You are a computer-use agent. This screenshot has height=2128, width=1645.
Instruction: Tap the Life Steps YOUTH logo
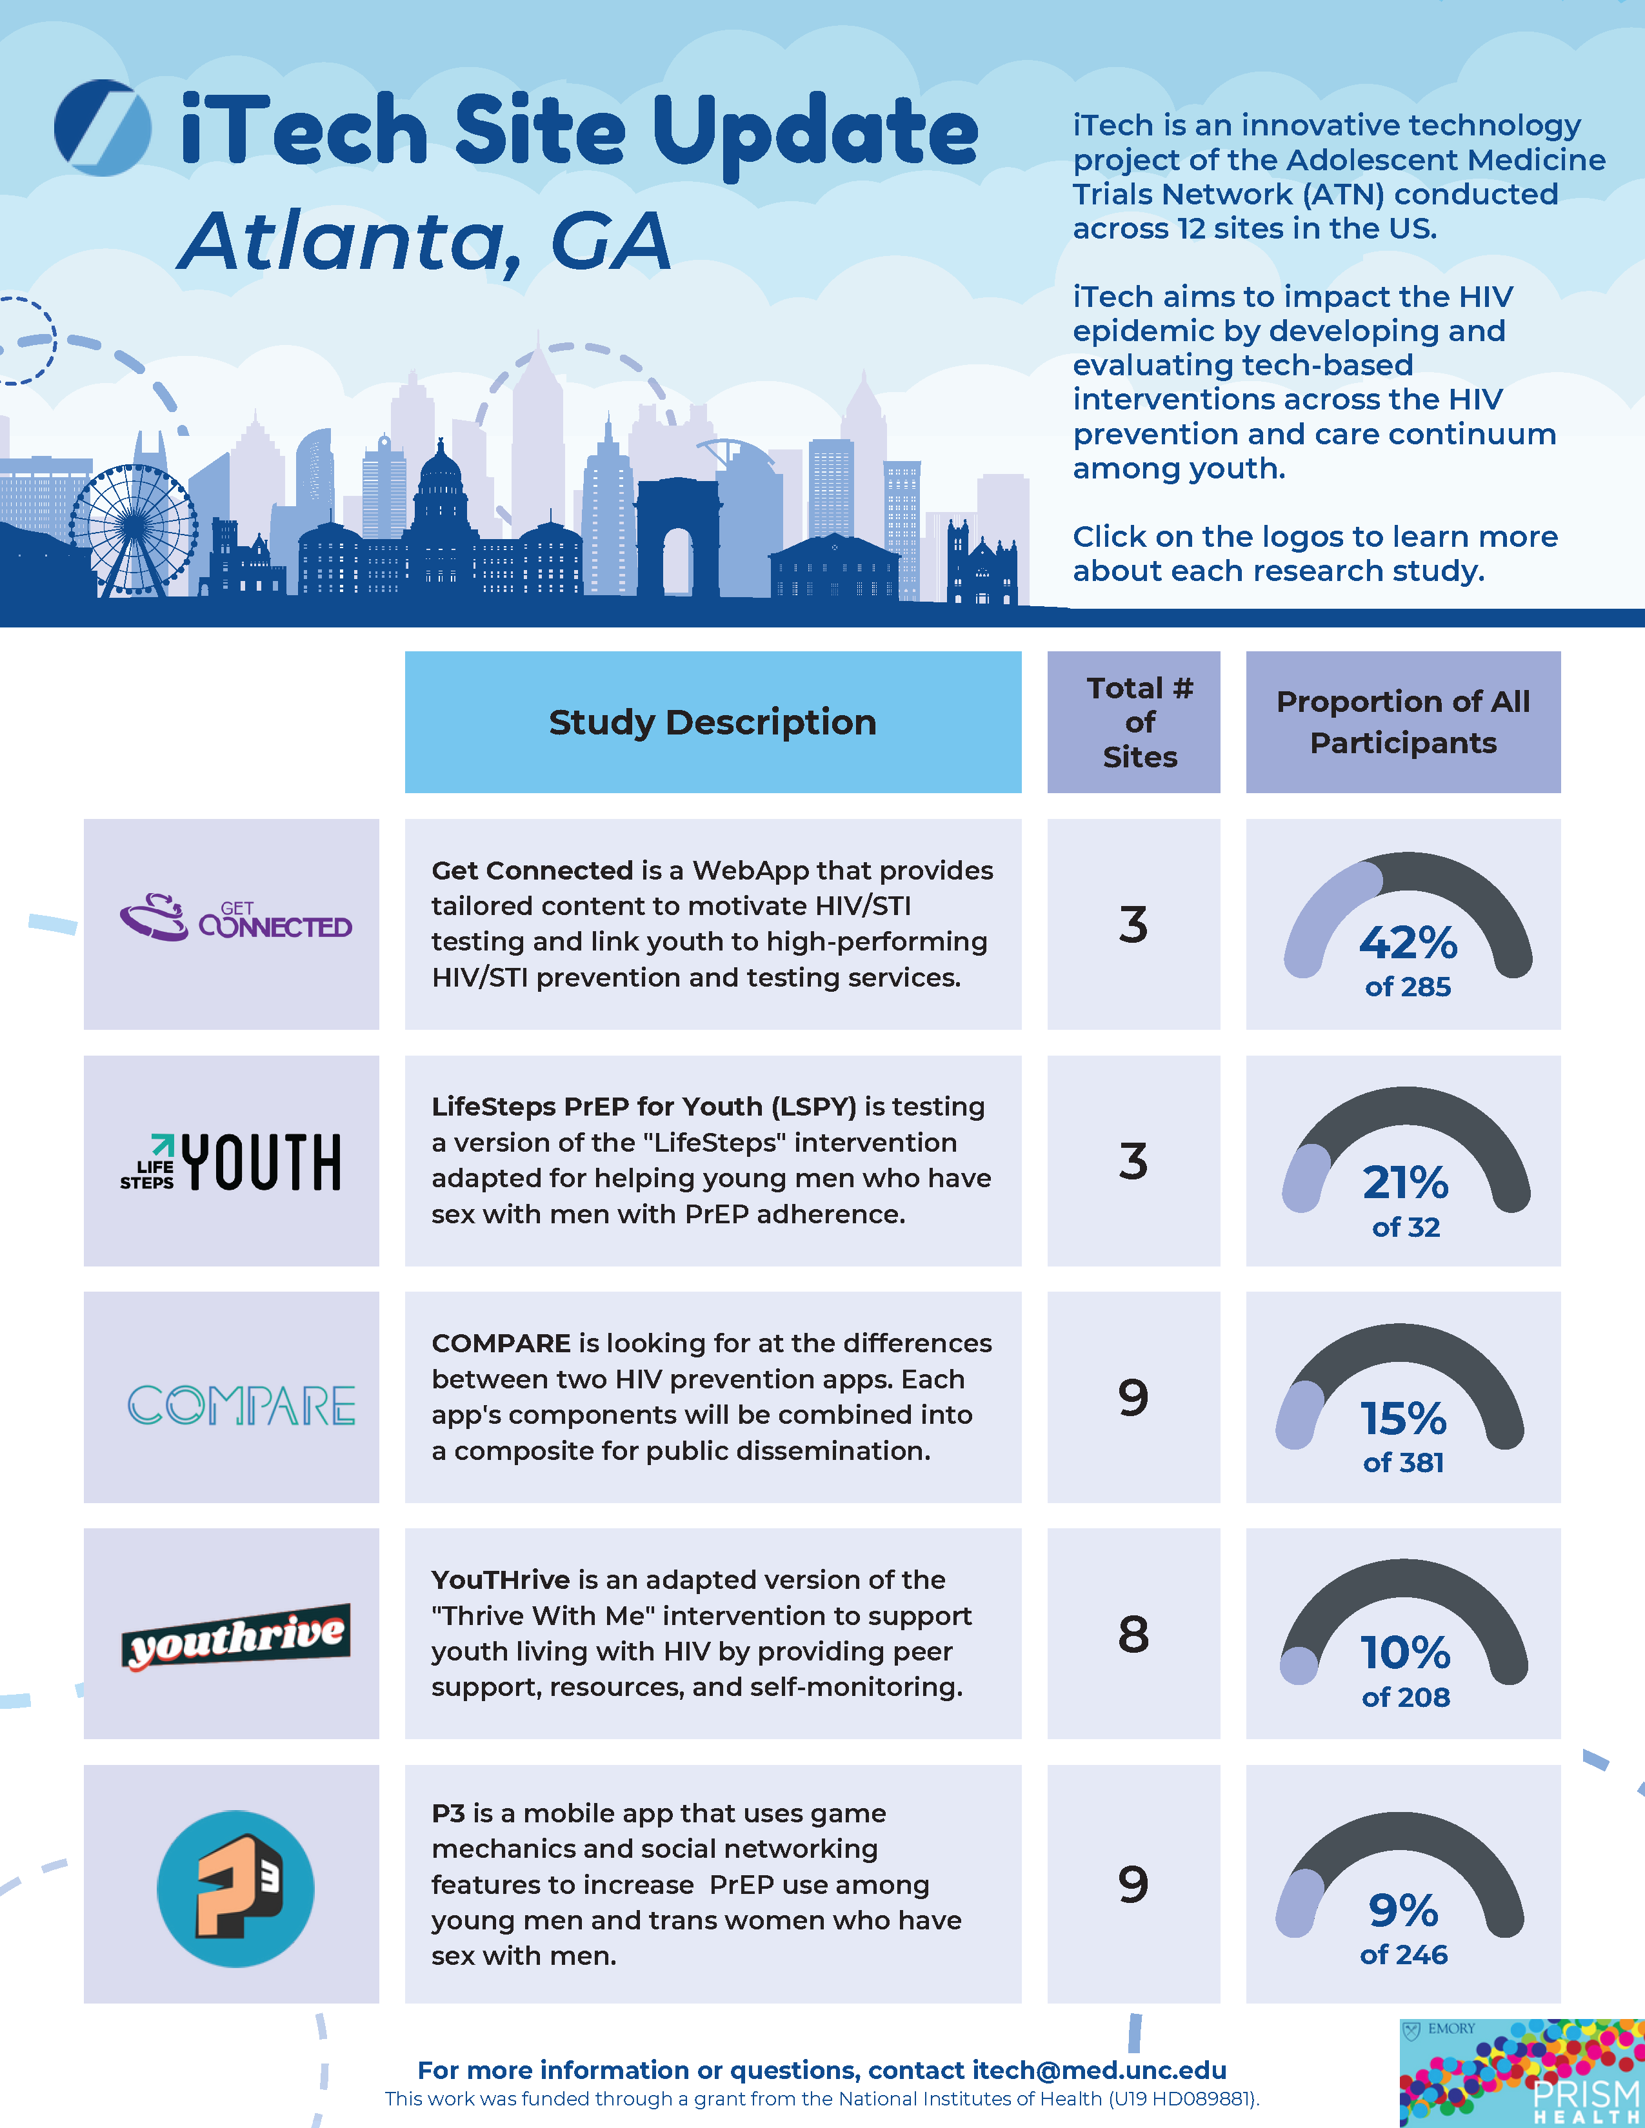(x=231, y=1161)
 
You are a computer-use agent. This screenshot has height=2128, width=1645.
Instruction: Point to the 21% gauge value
(x=1404, y=1182)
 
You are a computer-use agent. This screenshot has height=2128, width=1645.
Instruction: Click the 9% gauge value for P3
(x=1402, y=1910)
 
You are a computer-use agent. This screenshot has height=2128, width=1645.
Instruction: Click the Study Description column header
(x=712, y=722)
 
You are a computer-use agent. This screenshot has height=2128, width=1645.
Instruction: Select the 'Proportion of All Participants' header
(x=1402, y=722)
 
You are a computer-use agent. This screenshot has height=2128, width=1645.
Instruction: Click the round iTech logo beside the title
(x=103, y=128)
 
